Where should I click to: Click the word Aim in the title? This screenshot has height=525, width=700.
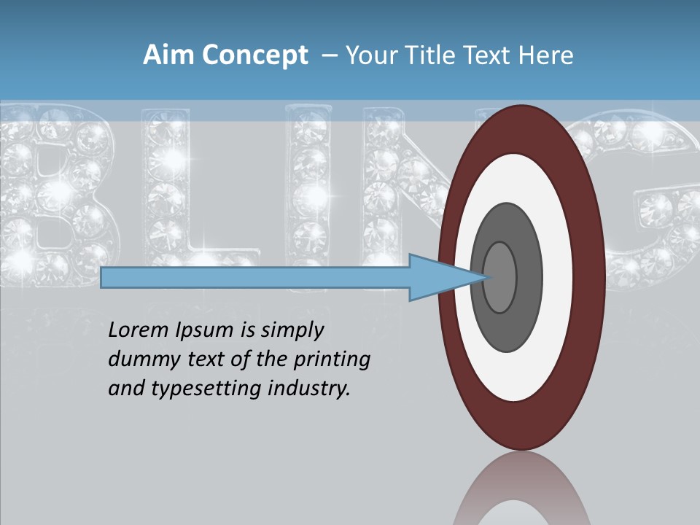click(168, 55)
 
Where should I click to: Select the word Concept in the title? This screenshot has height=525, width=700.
click(254, 56)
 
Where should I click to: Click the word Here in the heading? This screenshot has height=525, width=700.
click(545, 55)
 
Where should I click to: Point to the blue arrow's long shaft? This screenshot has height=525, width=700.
click(255, 278)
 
